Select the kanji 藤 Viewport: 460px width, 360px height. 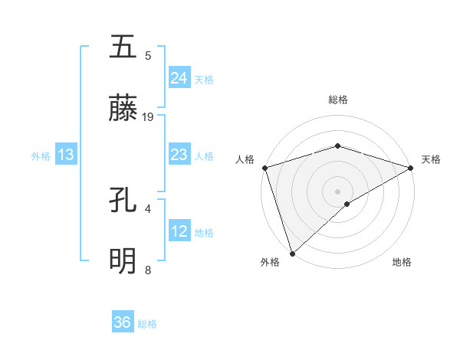pyautogui.click(x=123, y=110)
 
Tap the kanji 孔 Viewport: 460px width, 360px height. pyautogui.click(x=123, y=201)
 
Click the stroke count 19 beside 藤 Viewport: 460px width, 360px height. pyautogui.click(x=148, y=117)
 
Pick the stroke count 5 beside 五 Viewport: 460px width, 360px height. pyautogui.click(x=148, y=55)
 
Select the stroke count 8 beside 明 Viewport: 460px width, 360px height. pyautogui.click(x=148, y=270)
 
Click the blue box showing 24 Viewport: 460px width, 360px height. pyautogui.click(x=179, y=77)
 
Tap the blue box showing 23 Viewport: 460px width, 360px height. pyautogui.click(x=179, y=155)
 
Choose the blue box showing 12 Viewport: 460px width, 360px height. pyautogui.click(x=179, y=231)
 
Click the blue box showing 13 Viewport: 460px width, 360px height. pyautogui.click(x=66, y=155)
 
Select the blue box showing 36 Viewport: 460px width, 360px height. pyautogui.click(x=123, y=322)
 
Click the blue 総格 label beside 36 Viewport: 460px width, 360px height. pyautogui.click(x=147, y=324)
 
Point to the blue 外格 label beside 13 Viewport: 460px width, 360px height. pyautogui.click(x=41, y=156)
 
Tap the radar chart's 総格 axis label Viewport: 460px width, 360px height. pyautogui.click(x=337, y=100)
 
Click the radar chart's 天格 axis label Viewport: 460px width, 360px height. pyautogui.click(x=432, y=159)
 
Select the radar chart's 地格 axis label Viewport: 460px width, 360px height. pyautogui.click(x=402, y=262)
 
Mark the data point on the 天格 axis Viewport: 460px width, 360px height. pyautogui.click(x=411, y=167)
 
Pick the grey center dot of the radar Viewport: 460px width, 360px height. pyautogui.click(x=337, y=191)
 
